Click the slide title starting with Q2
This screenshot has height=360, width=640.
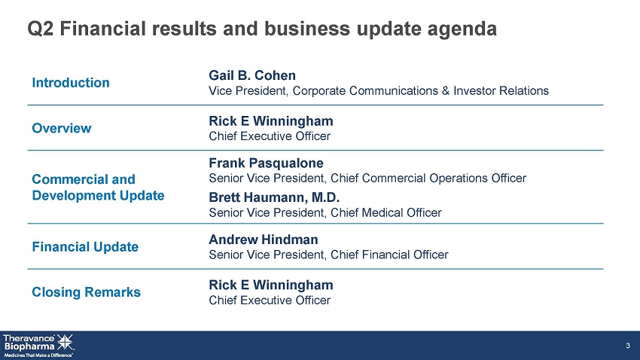click(x=262, y=29)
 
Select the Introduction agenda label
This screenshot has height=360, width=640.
click(x=71, y=83)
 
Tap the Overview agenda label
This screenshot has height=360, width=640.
click(x=62, y=128)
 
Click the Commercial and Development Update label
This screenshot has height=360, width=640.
click(x=98, y=188)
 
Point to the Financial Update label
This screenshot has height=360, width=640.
click(x=85, y=247)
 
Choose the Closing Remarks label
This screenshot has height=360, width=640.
click(x=86, y=292)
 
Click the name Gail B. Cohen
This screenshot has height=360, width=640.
click(x=252, y=75)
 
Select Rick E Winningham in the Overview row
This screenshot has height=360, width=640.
click(x=271, y=121)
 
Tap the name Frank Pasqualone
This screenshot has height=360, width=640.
click(x=266, y=163)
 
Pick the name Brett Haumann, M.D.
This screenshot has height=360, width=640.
click(x=274, y=197)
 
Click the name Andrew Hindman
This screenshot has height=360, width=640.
click(x=264, y=239)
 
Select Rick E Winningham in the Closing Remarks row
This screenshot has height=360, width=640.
click(x=271, y=285)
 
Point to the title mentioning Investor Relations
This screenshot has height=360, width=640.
click(x=379, y=90)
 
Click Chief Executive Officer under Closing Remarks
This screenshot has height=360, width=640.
click(x=270, y=301)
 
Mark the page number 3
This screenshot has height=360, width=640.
click(x=628, y=346)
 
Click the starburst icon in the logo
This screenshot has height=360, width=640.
click(x=66, y=342)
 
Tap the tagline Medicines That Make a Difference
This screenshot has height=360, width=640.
click(x=38, y=355)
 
